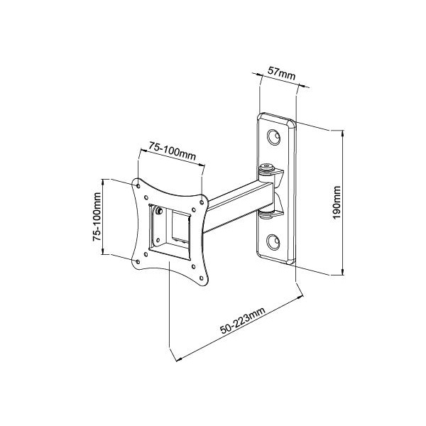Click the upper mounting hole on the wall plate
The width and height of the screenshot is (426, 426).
(273, 137)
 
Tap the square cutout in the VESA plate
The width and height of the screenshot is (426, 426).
(171, 228)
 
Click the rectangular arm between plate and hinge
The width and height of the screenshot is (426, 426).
(234, 206)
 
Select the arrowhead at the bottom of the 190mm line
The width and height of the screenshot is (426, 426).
(344, 273)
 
